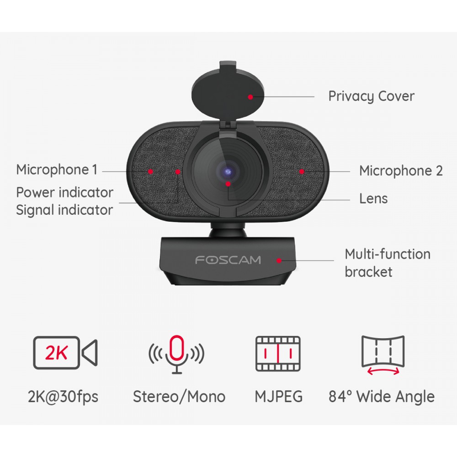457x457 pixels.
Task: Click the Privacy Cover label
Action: coord(371,96)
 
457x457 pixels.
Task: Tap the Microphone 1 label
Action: coord(57,170)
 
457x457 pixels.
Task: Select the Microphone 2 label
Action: coord(401,170)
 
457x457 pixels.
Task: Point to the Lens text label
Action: coord(373,198)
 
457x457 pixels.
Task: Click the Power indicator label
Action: coord(65,192)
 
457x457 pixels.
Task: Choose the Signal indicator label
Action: coord(64,210)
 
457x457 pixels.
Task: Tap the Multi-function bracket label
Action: coord(388,263)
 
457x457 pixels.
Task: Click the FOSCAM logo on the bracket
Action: coord(228,260)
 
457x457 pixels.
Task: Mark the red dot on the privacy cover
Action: coord(250,97)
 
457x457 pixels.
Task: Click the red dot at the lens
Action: coord(228,184)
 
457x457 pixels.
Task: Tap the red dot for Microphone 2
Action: coord(302,172)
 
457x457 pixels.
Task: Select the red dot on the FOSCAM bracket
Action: coord(279,260)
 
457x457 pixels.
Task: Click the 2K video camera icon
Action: coord(65,353)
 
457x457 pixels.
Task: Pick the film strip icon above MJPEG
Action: coord(278,354)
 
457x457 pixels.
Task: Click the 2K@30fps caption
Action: coord(63,397)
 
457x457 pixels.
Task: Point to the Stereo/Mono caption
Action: coord(179,397)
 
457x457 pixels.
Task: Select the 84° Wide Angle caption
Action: coord(382,397)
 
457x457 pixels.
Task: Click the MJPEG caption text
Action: coord(279,397)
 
